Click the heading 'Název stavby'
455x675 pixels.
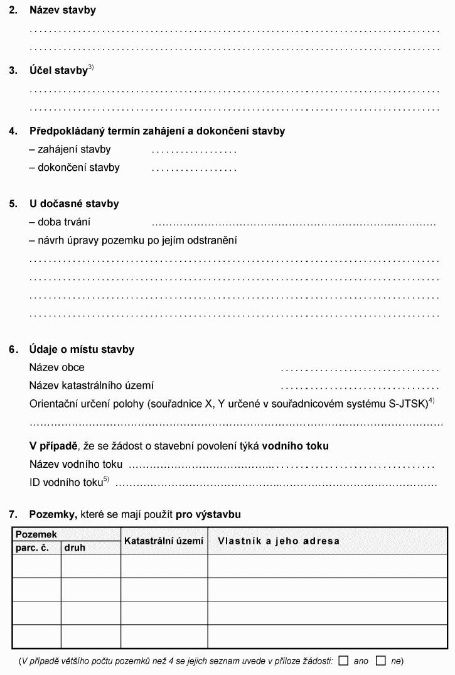[62, 11]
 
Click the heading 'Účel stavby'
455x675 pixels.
[58, 71]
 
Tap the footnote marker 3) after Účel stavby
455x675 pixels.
[91, 67]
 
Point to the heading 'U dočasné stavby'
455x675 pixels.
[73, 204]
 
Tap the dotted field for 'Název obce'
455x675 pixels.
[360, 369]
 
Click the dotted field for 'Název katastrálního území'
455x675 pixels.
[360, 387]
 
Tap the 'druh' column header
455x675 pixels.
[75, 548]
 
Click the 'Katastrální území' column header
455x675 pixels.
[164, 541]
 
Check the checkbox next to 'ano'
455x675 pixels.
[343, 660]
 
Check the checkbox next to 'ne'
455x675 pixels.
[380, 660]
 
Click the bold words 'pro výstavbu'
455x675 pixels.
[208, 514]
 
